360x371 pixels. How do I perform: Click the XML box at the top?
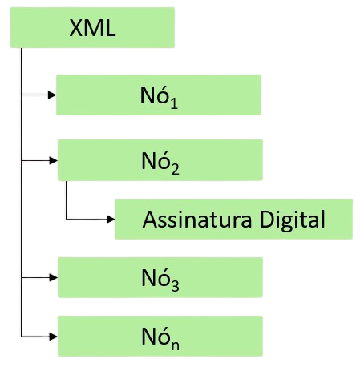coord(92,27)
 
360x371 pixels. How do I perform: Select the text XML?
coord(92,28)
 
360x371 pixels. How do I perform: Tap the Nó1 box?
coord(159,95)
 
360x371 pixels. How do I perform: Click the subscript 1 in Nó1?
coord(174,103)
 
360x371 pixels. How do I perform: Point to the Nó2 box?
coord(160,160)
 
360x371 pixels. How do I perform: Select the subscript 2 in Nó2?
coord(176,169)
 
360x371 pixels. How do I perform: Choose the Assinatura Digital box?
coord(233,219)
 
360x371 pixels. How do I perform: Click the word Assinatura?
coord(197,220)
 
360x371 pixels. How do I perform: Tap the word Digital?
coord(293,221)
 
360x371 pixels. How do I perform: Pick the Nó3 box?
coord(160,277)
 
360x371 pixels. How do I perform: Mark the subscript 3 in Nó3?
coord(176,285)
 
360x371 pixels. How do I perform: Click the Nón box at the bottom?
coord(160,336)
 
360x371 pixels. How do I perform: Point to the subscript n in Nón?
coord(176,345)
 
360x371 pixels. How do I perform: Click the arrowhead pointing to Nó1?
coord(52,95)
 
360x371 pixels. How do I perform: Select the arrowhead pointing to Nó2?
coord(54,160)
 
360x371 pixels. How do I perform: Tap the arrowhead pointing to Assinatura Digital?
coord(111,220)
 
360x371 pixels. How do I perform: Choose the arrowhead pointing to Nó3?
coord(54,277)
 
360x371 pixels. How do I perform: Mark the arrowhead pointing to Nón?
coord(54,337)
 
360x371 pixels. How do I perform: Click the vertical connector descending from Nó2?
coord(67,200)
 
